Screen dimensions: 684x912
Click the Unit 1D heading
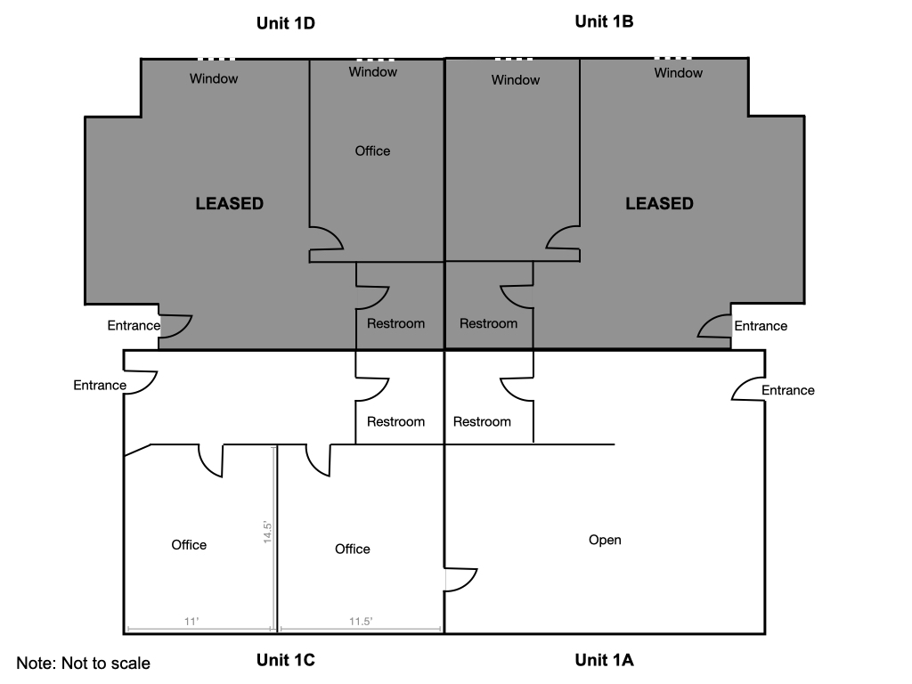coord(286,23)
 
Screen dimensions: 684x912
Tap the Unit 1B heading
coord(604,21)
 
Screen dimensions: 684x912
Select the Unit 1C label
coord(286,660)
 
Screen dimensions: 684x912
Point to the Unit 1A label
coord(604,660)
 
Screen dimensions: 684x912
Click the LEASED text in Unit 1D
coord(230,203)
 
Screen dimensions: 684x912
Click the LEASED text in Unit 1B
coord(659,203)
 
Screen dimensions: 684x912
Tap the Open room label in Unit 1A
coord(605,540)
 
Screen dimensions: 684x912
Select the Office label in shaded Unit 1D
coord(372,151)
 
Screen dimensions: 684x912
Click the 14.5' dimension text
coord(266,532)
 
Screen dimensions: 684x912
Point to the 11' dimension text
coord(191,622)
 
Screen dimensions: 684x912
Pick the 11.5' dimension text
coord(360,622)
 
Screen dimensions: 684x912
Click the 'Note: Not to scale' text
coord(84,664)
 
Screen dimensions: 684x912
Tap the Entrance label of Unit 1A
coord(787,390)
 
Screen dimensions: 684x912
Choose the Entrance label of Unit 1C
coord(100,386)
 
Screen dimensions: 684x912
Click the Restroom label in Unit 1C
coord(395,421)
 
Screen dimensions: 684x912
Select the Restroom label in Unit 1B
coord(488,323)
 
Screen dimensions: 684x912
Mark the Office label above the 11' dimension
coord(189,544)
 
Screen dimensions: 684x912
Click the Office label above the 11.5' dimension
coord(352,549)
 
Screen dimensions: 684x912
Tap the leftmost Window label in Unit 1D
coord(214,78)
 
